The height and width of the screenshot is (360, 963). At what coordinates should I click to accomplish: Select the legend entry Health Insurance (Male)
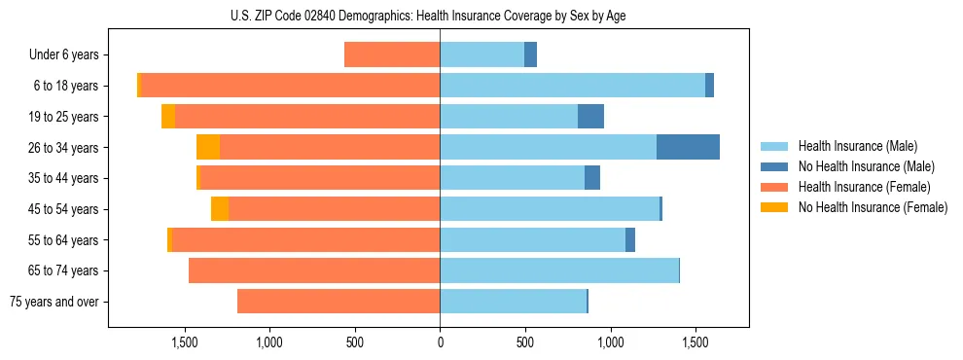(852, 146)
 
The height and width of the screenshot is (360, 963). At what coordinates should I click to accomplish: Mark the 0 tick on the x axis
(440, 342)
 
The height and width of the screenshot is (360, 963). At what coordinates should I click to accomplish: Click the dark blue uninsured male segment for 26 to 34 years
(688, 147)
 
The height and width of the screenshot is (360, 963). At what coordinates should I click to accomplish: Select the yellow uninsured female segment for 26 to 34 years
(208, 147)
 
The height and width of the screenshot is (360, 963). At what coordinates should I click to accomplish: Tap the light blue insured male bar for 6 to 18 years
(572, 86)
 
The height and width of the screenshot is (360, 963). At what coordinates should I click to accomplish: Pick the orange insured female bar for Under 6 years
(392, 54)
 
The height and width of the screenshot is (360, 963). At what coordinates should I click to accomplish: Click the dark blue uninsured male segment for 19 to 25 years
(590, 117)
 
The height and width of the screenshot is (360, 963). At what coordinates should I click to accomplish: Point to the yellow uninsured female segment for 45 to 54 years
(220, 209)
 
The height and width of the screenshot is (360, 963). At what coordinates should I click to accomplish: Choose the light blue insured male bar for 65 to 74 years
(559, 270)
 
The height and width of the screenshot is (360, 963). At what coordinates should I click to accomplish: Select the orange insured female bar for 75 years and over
(339, 302)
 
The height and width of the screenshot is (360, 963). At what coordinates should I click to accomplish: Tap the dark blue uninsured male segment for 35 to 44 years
(592, 178)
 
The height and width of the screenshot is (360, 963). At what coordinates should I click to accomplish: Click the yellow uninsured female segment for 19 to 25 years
(168, 117)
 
